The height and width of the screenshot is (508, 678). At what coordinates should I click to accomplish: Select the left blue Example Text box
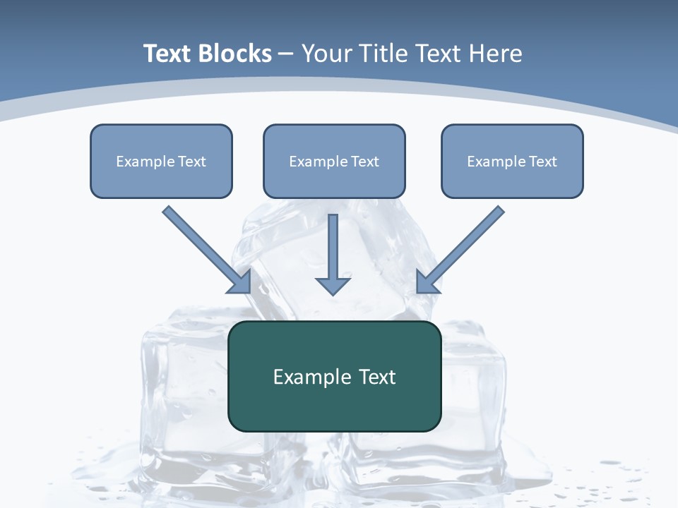(x=161, y=161)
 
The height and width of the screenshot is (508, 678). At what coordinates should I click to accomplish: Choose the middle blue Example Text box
(x=334, y=161)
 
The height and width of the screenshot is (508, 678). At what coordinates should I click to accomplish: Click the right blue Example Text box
(x=512, y=161)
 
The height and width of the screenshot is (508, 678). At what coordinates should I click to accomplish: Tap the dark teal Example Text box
(x=334, y=376)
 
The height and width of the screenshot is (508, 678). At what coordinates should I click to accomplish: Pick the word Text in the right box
(x=543, y=162)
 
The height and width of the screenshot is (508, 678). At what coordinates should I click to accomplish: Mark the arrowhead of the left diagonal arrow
(x=242, y=283)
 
